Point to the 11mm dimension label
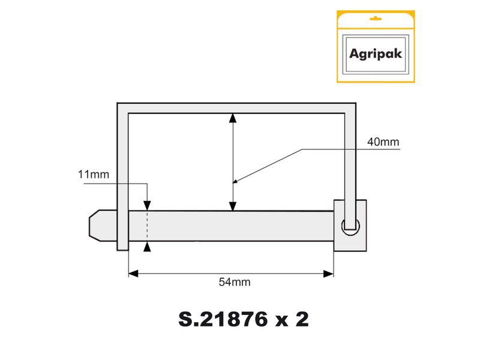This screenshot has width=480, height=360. pyautogui.click(x=93, y=175)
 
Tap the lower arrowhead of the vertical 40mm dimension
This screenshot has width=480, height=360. pyautogui.click(x=233, y=206)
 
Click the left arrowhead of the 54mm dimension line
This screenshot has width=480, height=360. pyautogui.click(x=134, y=274)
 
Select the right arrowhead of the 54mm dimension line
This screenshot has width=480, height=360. pyautogui.click(x=329, y=274)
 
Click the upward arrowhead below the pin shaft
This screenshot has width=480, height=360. pyautogui.click(x=147, y=246)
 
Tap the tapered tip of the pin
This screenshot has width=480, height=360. pyautogui.click(x=95, y=225)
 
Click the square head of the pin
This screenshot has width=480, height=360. pyautogui.click(x=350, y=225)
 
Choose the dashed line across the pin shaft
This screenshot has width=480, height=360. pyautogui.click(x=147, y=226)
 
